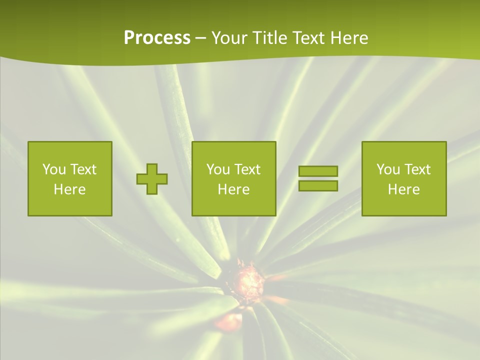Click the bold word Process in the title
pyautogui.click(x=157, y=38)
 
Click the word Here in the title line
pyautogui.click(x=349, y=38)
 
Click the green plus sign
pyautogui.click(x=152, y=179)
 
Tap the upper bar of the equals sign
pyautogui.click(x=318, y=171)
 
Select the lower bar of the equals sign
pyautogui.click(x=318, y=185)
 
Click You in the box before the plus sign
pyautogui.click(x=54, y=169)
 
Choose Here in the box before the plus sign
pyautogui.click(x=69, y=189)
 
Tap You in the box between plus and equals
pyautogui.click(x=218, y=169)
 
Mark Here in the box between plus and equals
pyautogui.click(x=233, y=189)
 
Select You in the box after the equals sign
pyautogui.click(x=388, y=169)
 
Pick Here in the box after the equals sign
pyautogui.click(x=403, y=189)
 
